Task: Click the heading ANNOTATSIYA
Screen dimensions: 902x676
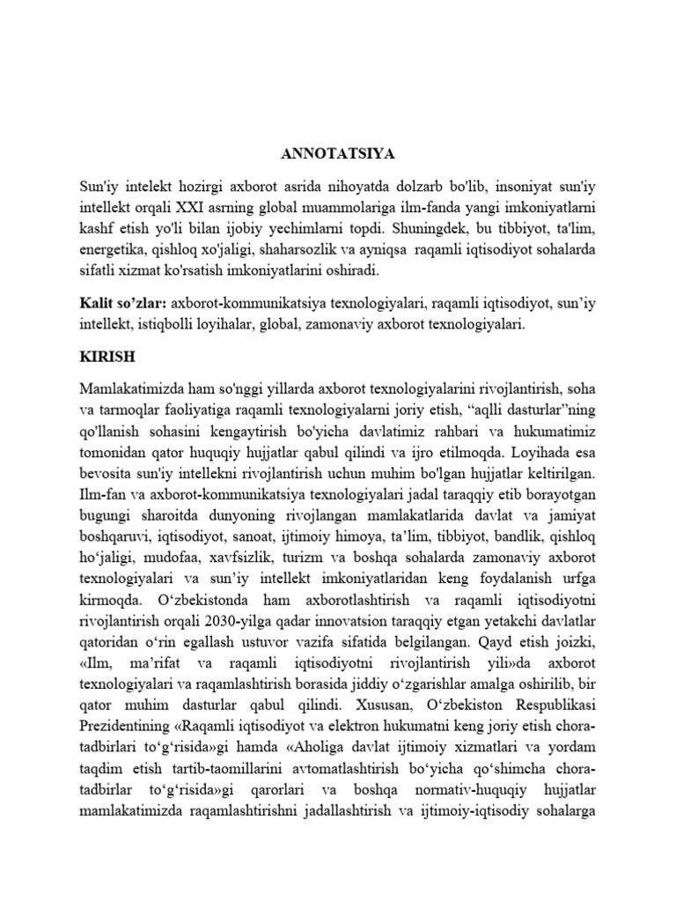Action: pyautogui.click(x=338, y=154)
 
